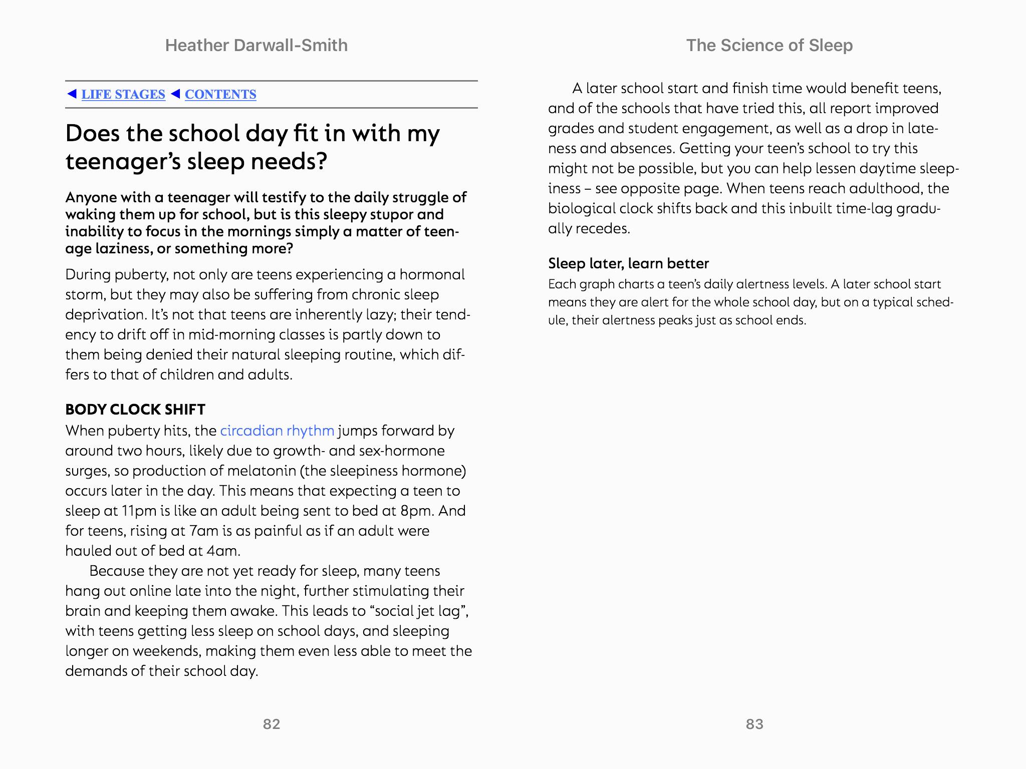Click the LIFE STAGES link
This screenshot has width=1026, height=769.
pyautogui.click(x=123, y=95)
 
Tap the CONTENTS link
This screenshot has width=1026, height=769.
pyautogui.click(x=220, y=95)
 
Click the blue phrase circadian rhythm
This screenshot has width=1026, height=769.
pyautogui.click(x=277, y=431)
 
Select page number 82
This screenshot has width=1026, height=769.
pyautogui.click(x=272, y=724)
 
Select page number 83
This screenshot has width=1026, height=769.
pyautogui.click(x=754, y=724)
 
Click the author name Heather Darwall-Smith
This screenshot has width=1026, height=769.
pyautogui.click(x=256, y=46)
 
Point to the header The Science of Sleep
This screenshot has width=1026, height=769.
pyautogui.click(x=769, y=46)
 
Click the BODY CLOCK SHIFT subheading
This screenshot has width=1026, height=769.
pyautogui.click(x=135, y=410)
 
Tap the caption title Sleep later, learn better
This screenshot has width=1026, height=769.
pyautogui.click(x=628, y=263)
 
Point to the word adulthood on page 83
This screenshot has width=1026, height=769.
pyautogui.click(x=881, y=188)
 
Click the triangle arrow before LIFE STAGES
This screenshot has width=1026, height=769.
pyautogui.click(x=72, y=94)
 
